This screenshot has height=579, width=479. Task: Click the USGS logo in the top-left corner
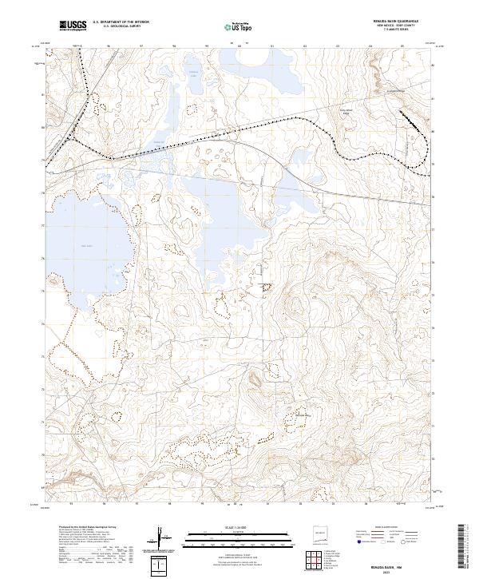pyautogui.click(x=73, y=26)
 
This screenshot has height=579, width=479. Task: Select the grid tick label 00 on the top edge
pyautogui.click(x=239, y=46)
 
